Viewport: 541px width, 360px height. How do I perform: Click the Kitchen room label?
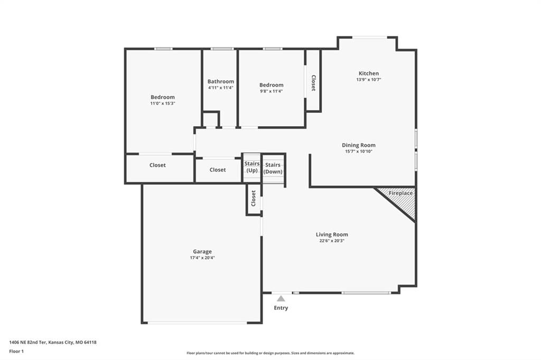368,73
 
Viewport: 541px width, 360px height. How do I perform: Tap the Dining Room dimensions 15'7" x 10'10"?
359,151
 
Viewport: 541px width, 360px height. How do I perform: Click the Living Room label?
332,234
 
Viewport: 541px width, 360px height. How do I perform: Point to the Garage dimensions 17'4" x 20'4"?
202,258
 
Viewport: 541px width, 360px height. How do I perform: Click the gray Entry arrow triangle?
281,299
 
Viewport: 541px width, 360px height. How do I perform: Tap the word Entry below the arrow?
281,308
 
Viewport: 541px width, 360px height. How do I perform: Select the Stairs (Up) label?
252,167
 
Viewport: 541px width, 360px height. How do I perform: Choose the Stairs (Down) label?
273,168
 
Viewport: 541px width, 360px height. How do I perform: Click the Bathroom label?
221,81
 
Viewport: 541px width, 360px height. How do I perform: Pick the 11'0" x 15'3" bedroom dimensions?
163,103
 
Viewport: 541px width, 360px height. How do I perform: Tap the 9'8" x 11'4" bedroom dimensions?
271,91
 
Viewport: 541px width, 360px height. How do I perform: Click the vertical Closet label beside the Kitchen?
313,83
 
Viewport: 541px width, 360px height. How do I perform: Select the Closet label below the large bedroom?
157,165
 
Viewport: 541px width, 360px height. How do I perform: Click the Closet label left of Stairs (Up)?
217,169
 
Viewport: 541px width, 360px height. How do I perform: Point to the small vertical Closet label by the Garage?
253,198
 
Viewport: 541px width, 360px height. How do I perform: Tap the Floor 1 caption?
16,352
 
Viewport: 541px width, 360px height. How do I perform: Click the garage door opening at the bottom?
198,323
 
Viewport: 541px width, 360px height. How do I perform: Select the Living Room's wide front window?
366,293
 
